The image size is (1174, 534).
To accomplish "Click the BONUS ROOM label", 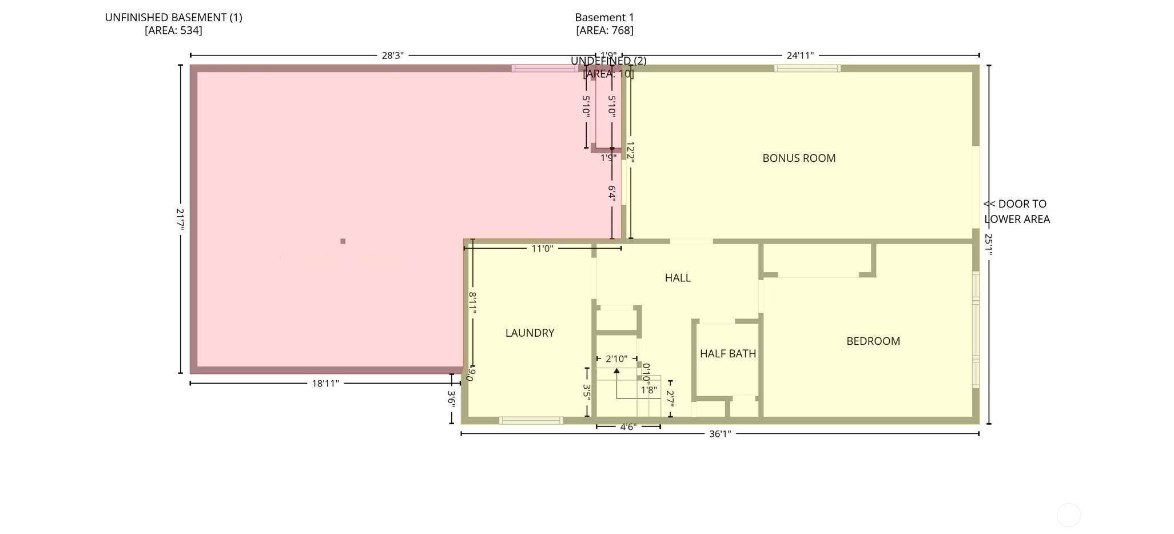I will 799,158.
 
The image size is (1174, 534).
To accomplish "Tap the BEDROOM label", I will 873,341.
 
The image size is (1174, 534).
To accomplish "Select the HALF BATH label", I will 727,354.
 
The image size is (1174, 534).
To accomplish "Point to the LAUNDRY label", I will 530,333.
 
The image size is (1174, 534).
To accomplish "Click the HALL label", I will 678,278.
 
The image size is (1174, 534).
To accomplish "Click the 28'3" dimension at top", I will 393,55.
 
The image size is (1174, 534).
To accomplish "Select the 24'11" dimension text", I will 800,55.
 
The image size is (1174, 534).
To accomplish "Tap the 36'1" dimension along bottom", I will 720,434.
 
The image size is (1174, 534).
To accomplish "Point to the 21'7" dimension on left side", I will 181,218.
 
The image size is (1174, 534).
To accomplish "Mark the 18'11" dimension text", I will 325,384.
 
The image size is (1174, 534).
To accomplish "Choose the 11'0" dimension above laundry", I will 542,249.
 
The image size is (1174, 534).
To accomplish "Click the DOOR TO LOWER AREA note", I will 1016,212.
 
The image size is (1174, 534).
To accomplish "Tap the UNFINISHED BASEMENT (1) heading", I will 173,18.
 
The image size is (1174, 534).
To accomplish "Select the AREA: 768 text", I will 604,30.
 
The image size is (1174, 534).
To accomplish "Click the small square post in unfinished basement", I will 343,241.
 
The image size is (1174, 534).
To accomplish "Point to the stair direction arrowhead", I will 616,371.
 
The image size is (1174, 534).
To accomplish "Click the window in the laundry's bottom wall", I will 531,421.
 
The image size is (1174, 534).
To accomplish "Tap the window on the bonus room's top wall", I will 807,68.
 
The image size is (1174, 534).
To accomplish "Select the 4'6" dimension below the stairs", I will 628,427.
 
